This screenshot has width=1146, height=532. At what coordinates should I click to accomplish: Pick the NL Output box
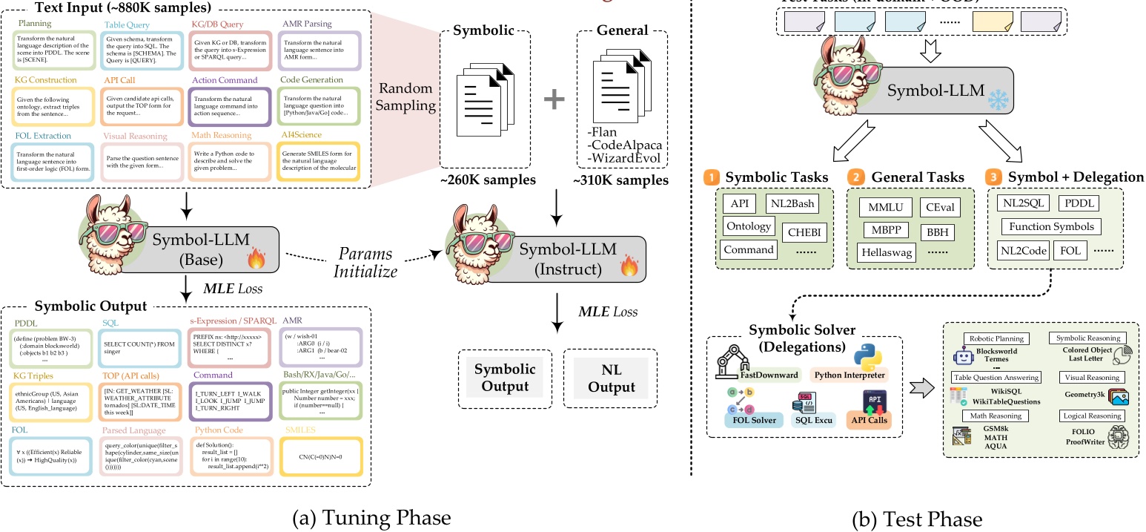606,380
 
